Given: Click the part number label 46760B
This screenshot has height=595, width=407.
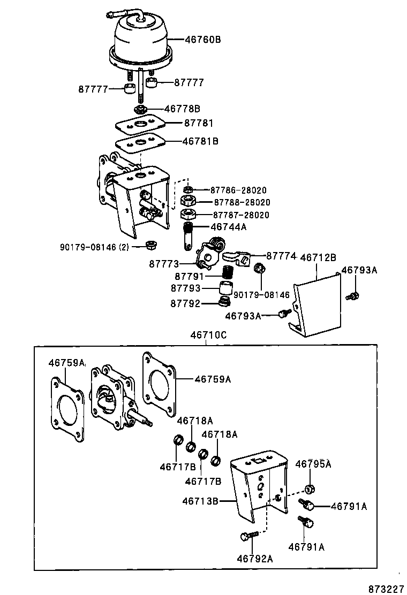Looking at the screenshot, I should (x=203, y=40).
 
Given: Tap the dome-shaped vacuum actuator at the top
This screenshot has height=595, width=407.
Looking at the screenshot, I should (x=141, y=40).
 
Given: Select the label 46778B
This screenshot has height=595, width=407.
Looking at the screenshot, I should (x=182, y=109).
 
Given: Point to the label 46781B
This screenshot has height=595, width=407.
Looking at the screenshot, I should (x=200, y=141).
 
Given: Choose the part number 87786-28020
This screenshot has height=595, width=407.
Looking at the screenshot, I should (x=238, y=190).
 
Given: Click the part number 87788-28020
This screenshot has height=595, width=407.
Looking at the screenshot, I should (x=242, y=202).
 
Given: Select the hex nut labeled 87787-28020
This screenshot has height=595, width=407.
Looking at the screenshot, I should (x=188, y=215).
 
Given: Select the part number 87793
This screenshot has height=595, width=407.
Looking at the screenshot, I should (x=185, y=288).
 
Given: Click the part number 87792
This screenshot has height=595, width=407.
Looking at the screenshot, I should (x=185, y=303).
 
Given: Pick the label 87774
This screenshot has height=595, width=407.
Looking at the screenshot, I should (x=281, y=256).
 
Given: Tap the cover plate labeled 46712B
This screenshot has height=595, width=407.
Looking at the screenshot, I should (x=316, y=308).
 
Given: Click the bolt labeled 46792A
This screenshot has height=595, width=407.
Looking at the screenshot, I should (x=247, y=535).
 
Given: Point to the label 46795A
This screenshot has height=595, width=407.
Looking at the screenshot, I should (x=313, y=463).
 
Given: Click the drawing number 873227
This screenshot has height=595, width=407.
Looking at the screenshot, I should (x=386, y=588).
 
